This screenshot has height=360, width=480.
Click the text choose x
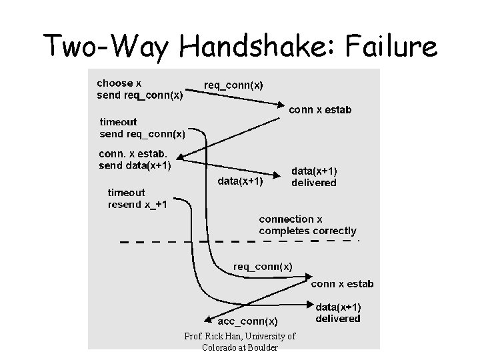(x=119, y=83)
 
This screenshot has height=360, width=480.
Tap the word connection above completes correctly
(x=286, y=219)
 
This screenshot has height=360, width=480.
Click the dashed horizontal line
(x=240, y=241)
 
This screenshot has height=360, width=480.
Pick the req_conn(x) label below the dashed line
(x=263, y=266)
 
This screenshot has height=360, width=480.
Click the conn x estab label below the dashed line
(x=342, y=283)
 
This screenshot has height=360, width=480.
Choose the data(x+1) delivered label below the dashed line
(x=338, y=313)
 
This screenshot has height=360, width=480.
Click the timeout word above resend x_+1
(x=127, y=192)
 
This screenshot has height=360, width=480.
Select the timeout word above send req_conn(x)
(x=119, y=122)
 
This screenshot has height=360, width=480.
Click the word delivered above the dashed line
(x=314, y=182)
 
